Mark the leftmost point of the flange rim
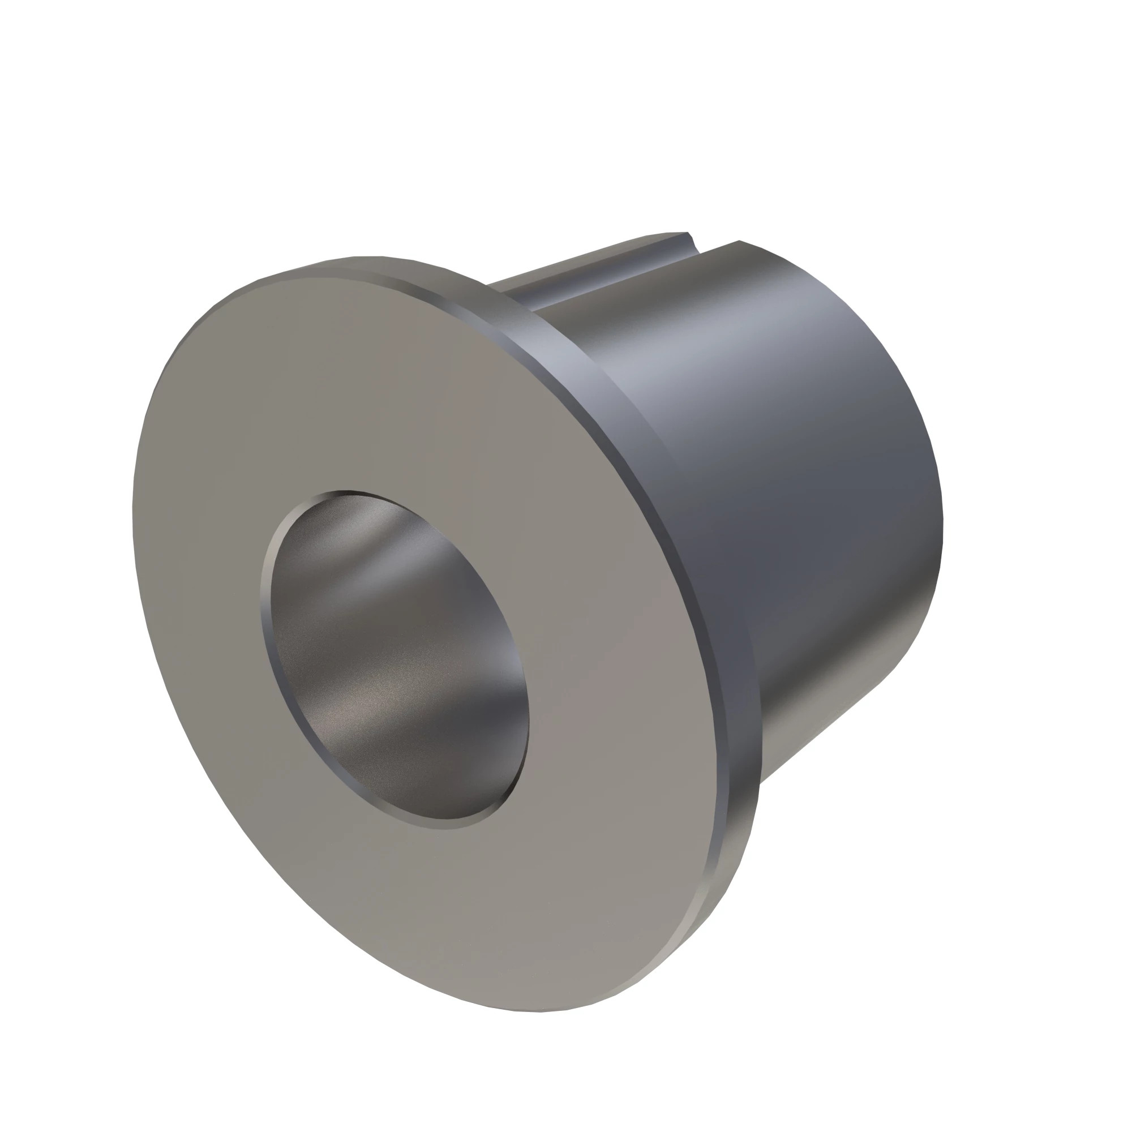134,516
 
